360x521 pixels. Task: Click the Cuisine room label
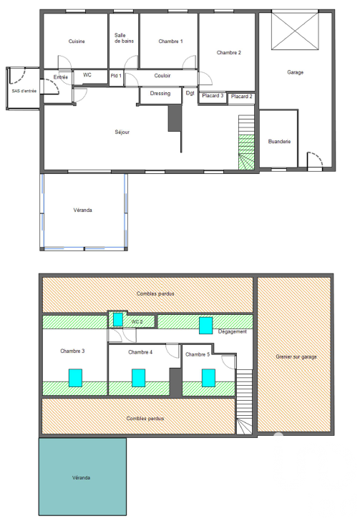pyautogui.click(x=77, y=42)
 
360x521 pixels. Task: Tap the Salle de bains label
pyautogui.click(x=124, y=38)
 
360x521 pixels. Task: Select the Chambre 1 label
pyautogui.click(x=170, y=42)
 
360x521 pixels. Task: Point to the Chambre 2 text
pyautogui.click(x=229, y=52)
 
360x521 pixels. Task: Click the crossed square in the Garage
pyautogui.click(x=295, y=31)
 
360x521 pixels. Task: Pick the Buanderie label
pyautogui.click(x=279, y=141)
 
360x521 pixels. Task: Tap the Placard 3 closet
pyautogui.click(x=213, y=97)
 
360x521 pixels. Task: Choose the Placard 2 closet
pyautogui.click(x=242, y=97)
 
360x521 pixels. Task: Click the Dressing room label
pyautogui.click(x=160, y=93)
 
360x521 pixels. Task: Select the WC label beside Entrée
pyautogui.click(x=87, y=74)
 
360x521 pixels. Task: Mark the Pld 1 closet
pyautogui.click(x=116, y=78)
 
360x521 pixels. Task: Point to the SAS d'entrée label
pyautogui.click(x=24, y=91)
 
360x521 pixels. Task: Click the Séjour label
pyautogui.click(x=122, y=132)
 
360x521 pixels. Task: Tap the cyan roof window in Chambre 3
pyautogui.click(x=75, y=378)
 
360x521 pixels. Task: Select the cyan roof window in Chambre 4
pyautogui.click(x=139, y=378)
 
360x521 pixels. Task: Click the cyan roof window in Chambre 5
pyautogui.click(x=208, y=378)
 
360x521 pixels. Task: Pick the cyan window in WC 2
pyautogui.click(x=118, y=320)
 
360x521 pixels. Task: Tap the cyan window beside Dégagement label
pyautogui.click(x=205, y=326)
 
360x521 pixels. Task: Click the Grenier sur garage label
pyautogui.click(x=296, y=356)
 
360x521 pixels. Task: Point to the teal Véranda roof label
pyautogui.click(x=81, y=477)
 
